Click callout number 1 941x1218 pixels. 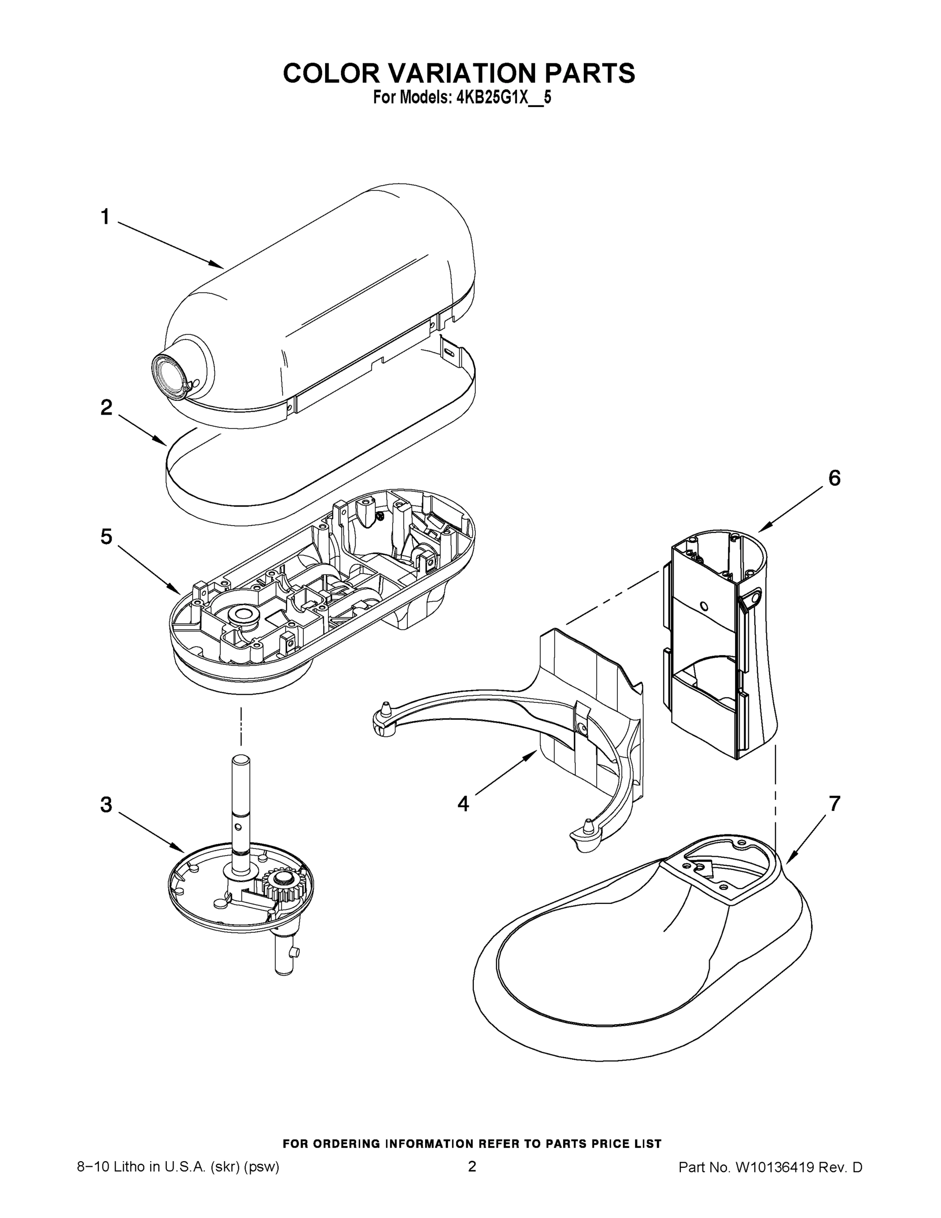click(106, 216)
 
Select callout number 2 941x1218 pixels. click(106, 408)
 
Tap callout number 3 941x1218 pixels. click(106, 805)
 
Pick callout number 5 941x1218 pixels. click(106, 536)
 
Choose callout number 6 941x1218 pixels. click(834, 478)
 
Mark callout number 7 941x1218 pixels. click(834, 804)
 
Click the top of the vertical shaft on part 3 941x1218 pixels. click(241, 760)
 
